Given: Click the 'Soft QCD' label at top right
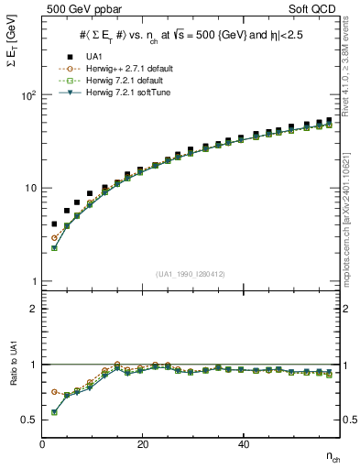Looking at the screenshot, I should pos(316,10).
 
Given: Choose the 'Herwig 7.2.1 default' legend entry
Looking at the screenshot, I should pos(116,79).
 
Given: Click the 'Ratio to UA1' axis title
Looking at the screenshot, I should pos(12,385).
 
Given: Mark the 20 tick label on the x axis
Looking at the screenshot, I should pos(142,444).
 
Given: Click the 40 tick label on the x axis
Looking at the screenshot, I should pos(243,444).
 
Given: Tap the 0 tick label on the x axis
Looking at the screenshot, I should pos(43,444).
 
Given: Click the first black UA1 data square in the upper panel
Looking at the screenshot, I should pos(55,224).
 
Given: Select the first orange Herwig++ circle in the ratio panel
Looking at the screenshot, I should pos(55,391).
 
